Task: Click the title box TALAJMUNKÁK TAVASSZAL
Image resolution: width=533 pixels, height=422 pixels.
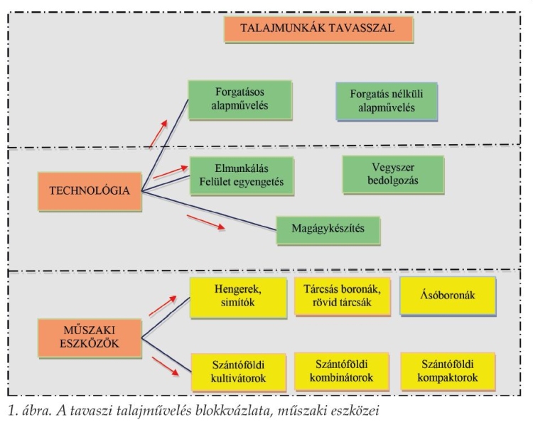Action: click(318, 29)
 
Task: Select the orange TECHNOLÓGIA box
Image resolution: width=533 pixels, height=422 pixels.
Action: click(90, 192)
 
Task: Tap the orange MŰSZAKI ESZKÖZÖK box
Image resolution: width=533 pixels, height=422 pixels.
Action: click(90, 337)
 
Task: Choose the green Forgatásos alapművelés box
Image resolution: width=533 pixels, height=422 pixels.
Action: click(240, 100)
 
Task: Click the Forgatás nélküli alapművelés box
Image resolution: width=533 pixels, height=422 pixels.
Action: click(387, 102)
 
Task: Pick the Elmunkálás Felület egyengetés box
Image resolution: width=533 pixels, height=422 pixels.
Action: click(242, 175)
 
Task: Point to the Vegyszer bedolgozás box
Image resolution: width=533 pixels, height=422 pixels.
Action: click(393, 175)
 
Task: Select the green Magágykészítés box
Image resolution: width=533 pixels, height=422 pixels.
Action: click(328, 230)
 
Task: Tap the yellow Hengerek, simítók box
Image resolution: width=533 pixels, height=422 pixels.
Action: click(238, 298)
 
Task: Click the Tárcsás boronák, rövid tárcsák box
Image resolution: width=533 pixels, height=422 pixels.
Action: click(343, 297)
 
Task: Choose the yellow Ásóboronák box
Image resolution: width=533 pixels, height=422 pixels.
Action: click(448, 296)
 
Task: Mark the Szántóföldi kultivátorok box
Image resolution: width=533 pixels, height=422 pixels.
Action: click(238, 372)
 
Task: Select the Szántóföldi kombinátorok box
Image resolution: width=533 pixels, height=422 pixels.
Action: click(342, 372)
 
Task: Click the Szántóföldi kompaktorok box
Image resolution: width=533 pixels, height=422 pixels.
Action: click(448, 372)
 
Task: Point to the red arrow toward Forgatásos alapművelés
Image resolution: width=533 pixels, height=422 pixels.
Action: click(158, 134)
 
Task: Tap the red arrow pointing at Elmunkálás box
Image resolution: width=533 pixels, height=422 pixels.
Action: click(171, 172)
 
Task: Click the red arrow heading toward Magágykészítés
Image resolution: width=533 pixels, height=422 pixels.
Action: click(206, 222)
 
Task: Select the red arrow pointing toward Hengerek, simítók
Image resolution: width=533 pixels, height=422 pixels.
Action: click(163, 305)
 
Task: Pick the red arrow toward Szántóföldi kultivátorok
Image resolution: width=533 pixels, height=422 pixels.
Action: click(165, 367)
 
